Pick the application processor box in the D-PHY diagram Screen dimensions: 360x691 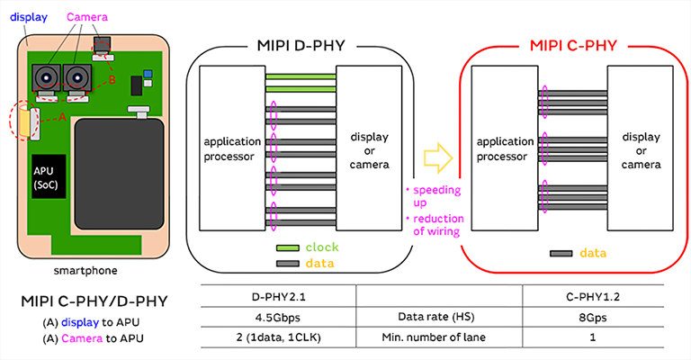[x=230, y=148]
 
